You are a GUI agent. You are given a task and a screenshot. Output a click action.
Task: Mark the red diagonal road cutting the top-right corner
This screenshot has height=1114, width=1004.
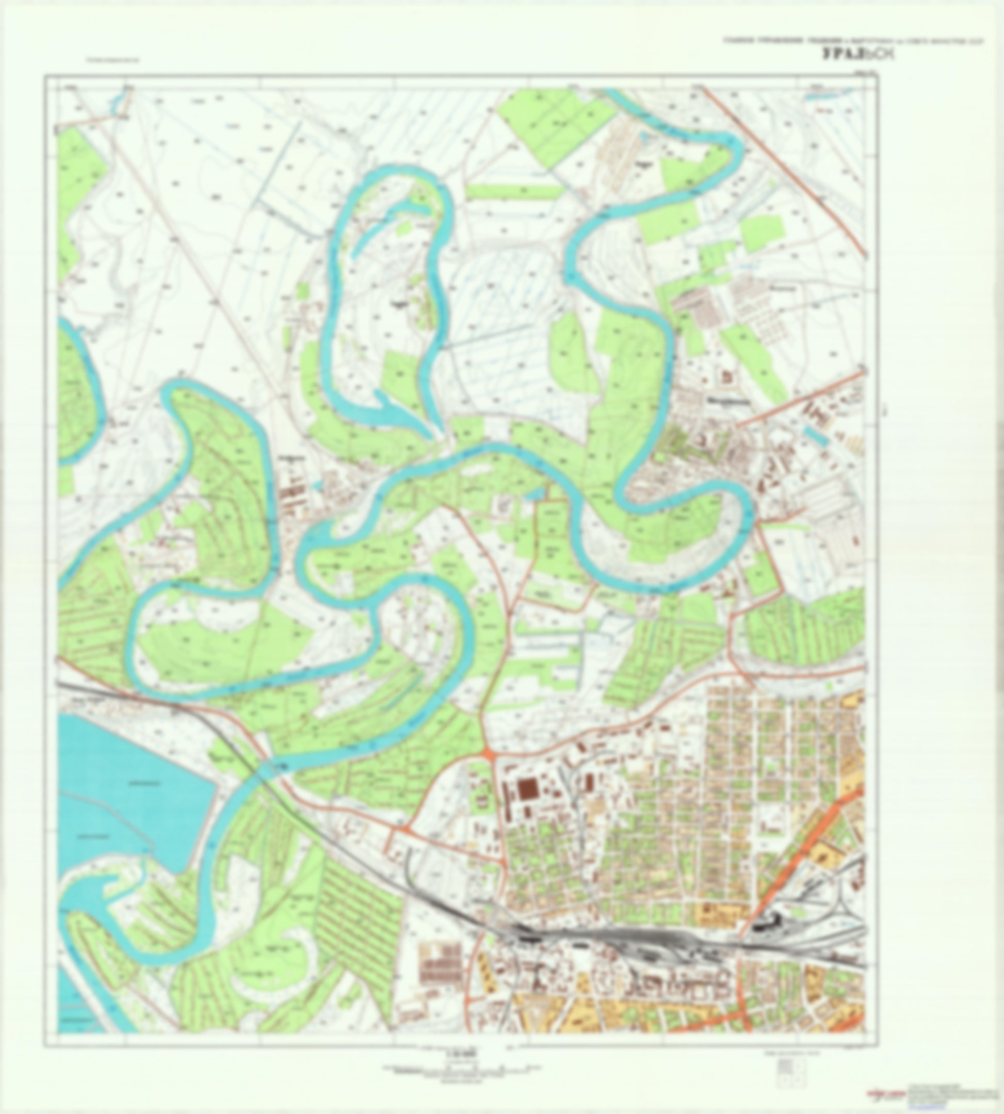click(x=783, y=171)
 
